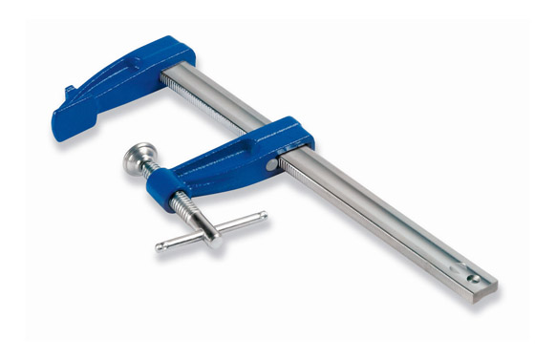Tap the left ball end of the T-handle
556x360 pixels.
[160, 247]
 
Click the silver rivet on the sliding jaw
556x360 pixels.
[271, 164]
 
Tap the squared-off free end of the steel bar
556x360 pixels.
[493, 286]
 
